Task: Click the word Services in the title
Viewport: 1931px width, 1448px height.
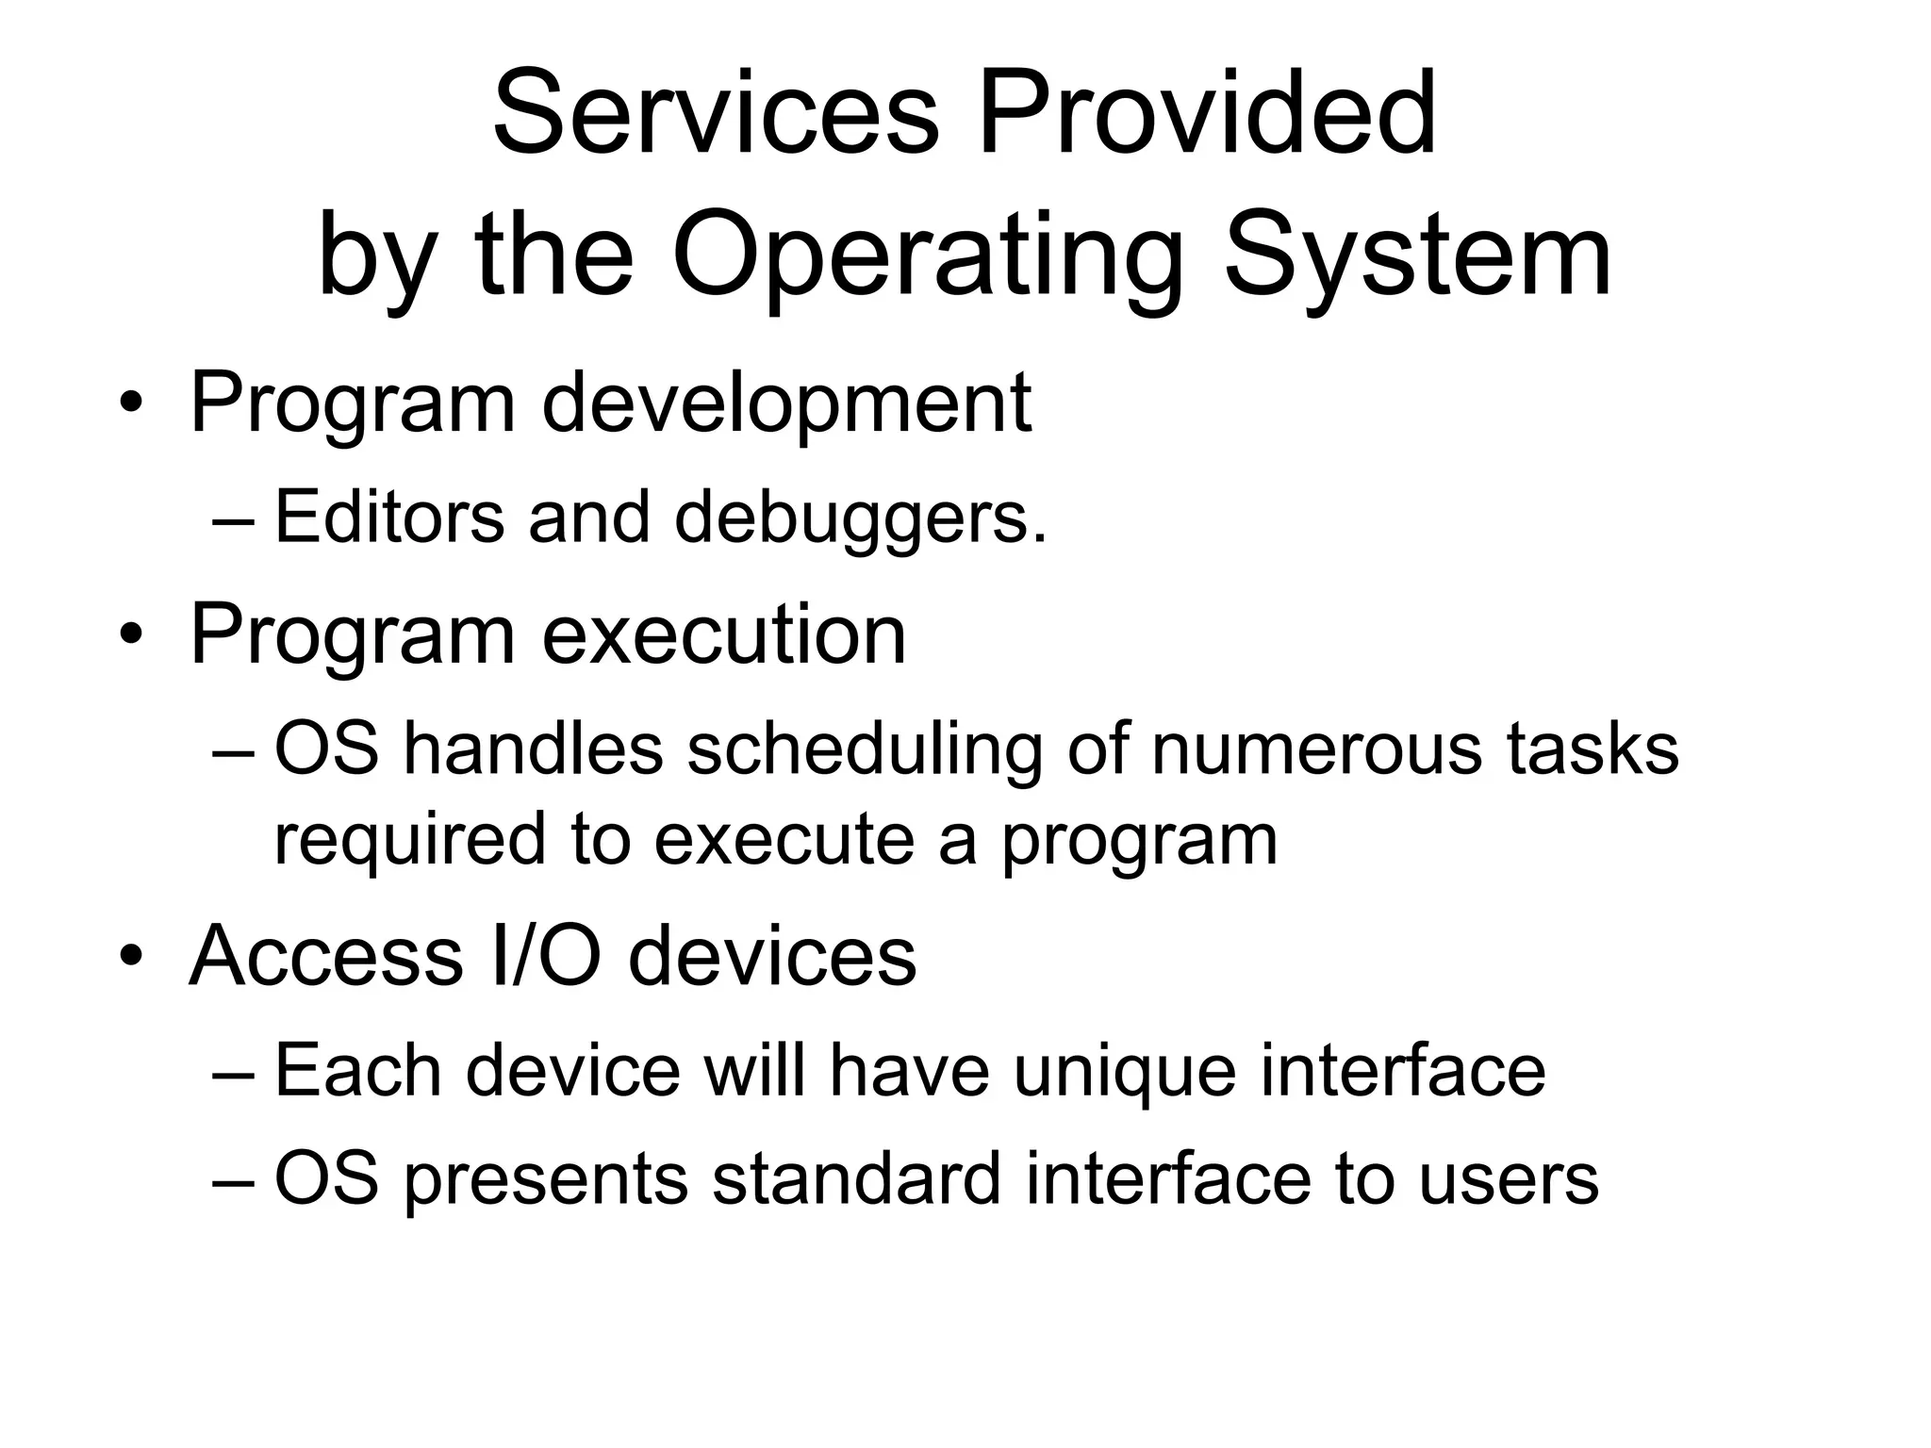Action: tap(717, 115)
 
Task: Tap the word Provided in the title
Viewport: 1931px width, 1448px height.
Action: tap(1208, 115)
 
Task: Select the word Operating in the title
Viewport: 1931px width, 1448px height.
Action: tap(928, 256)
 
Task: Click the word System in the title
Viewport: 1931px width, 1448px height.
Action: tap(1418, 256)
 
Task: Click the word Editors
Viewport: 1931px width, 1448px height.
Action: tap(389, 518)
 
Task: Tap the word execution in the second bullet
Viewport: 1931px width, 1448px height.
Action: tap(723, 635)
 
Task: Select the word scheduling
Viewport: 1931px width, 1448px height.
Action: tap(865, 751)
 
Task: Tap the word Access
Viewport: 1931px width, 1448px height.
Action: tap(326, 957)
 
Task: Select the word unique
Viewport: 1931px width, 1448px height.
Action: tap(1124, 1073)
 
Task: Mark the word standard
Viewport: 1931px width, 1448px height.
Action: tap(856, 1179)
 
